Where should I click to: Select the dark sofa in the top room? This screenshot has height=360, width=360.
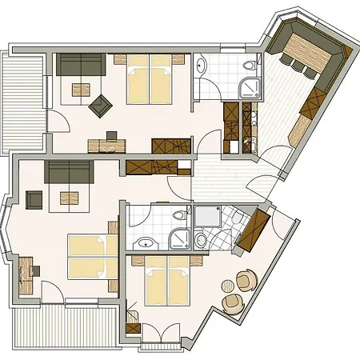click(x=79, y=66)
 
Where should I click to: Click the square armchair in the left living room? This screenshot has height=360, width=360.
click(x=35, y=198)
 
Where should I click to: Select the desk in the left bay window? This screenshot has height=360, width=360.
click(x=25, y=268)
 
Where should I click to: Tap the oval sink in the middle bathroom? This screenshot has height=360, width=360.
click(x=145, y=242)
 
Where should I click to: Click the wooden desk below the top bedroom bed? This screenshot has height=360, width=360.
click(x=106, y=146)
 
